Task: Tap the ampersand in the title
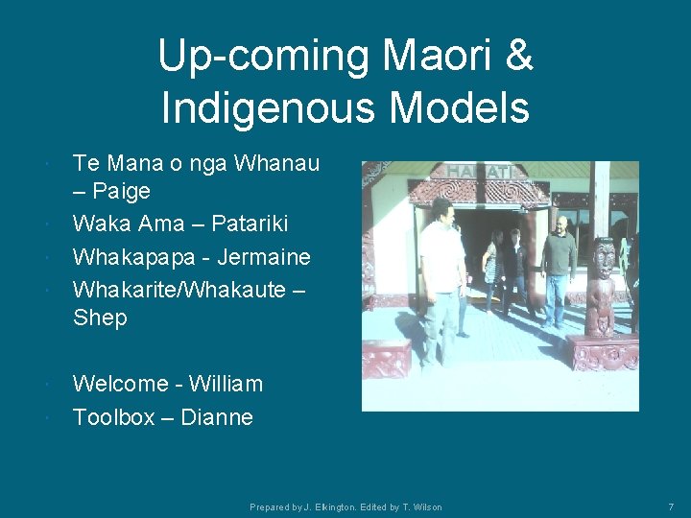[517, 56]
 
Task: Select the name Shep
[100, 318]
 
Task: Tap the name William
[226, 384]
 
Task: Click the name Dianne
[217, 417]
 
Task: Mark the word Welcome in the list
[121, 384]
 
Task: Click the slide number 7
[671, 506]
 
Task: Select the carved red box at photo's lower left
[387, 359]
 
